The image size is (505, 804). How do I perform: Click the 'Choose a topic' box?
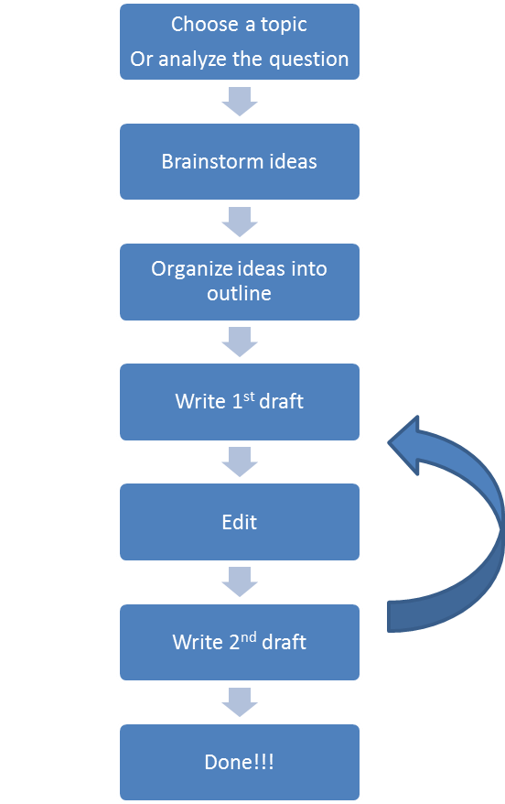coord(240,41)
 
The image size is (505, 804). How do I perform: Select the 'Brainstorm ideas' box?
coord(240,161)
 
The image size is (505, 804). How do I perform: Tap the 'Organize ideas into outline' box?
coord(240,281)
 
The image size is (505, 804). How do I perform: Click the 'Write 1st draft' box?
coord(240,401)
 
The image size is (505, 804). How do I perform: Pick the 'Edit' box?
coord(240,522)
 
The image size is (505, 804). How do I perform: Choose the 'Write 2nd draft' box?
coord(240,642)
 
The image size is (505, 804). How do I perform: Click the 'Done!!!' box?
coord(240,762)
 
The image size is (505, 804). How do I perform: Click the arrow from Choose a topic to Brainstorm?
coord(240,102)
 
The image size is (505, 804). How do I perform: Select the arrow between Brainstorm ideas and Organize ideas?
coord(240,222)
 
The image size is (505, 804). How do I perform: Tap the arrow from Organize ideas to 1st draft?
coord(240,342)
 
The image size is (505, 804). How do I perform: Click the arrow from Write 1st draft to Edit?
coord(240,462)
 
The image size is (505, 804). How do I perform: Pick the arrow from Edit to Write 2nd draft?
coord(240,581)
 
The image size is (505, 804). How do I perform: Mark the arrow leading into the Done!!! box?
coord(240,702)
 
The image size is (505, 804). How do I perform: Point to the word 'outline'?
coord(240,293)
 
